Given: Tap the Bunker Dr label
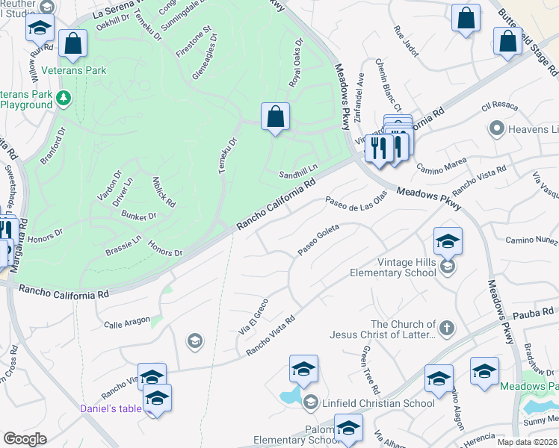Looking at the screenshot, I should [x=139, y=216].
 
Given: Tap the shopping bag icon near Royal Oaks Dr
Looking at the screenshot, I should [x=275, y=116].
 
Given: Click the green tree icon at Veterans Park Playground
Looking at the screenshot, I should [x=65, y=97].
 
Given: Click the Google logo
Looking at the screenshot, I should [x=25, y=439].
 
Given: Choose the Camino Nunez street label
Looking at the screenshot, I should [x=531, y=240].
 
